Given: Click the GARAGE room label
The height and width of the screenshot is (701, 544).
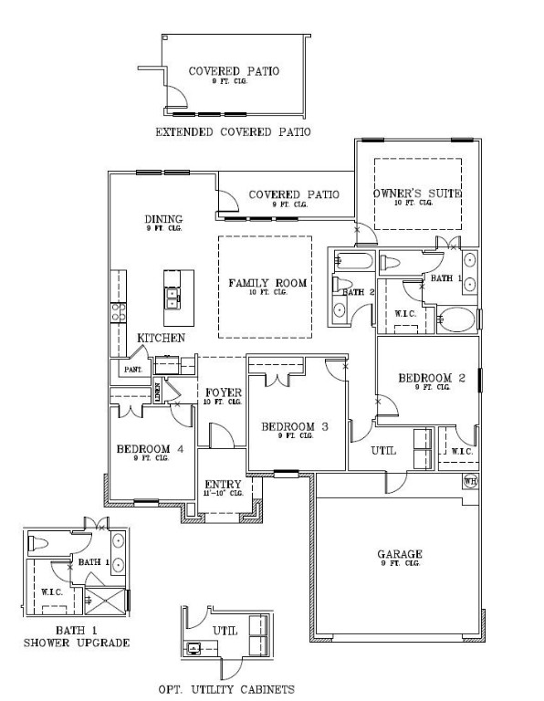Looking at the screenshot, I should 399,554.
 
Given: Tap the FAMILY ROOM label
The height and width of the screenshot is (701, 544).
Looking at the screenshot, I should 267,283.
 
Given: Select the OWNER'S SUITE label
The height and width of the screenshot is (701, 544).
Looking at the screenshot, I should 417,194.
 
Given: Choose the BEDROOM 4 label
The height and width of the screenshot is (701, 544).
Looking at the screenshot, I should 144,448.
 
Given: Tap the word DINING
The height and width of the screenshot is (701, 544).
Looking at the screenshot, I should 163,219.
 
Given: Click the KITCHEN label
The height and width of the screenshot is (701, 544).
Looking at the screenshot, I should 162,338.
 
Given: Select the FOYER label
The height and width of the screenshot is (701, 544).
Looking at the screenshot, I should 223,392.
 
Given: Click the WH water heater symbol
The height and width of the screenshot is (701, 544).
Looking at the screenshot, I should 470,482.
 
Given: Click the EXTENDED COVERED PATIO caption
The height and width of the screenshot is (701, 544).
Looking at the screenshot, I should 233,132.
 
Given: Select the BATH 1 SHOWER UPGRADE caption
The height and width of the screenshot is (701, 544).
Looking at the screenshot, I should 76,636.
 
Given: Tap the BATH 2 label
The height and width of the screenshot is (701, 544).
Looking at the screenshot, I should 359,292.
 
